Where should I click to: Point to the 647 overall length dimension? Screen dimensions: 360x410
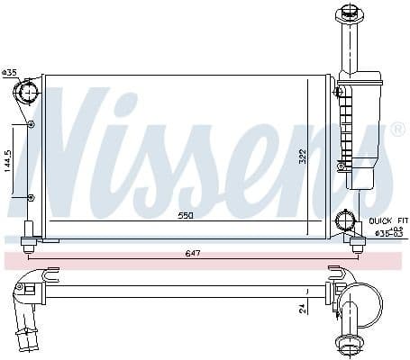point(192,253)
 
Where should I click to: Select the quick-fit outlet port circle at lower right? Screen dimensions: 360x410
point(345,220)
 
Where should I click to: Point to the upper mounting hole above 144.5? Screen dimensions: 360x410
point(32,123)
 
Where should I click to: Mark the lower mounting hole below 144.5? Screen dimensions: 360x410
point(32,196)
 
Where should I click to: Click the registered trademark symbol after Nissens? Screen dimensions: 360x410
point(397,131)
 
